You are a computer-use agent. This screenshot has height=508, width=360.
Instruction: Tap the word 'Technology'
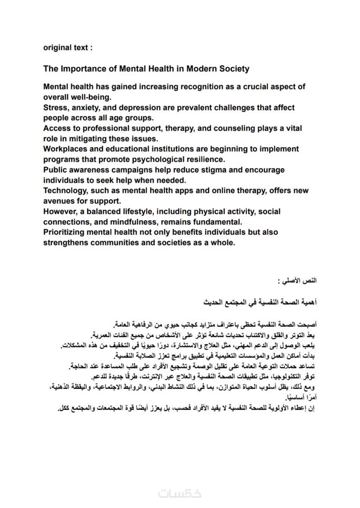(64, 191)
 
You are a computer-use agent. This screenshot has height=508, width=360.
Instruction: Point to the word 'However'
(59, 212)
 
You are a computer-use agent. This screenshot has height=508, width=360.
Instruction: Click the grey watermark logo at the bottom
(180, 493)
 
